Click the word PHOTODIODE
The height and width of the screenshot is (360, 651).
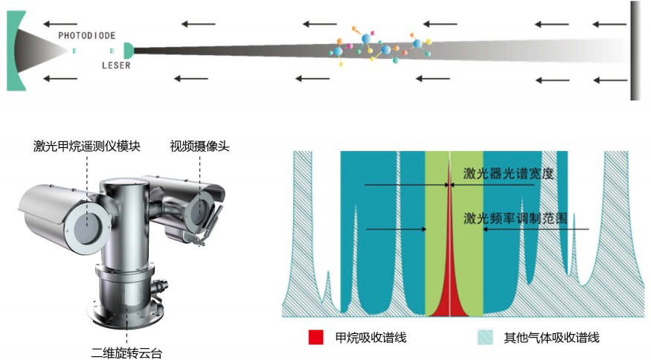86,36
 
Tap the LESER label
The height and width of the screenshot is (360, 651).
116,65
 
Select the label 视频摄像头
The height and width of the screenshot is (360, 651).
199,146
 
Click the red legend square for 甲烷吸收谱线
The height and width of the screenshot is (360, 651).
316,338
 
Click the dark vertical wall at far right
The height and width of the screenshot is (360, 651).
635,50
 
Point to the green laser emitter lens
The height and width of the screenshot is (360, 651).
129,50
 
